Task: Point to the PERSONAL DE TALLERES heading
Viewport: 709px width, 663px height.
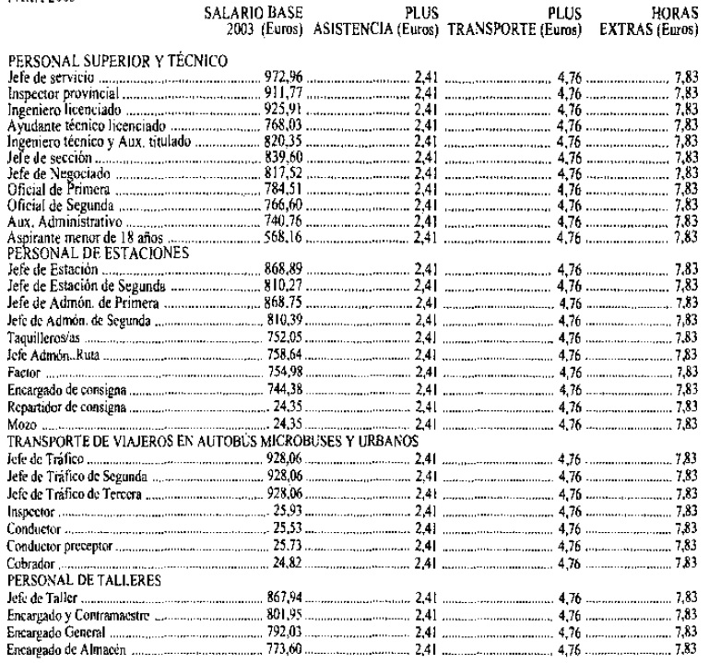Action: pyautogui.click(x=70, y=556)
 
